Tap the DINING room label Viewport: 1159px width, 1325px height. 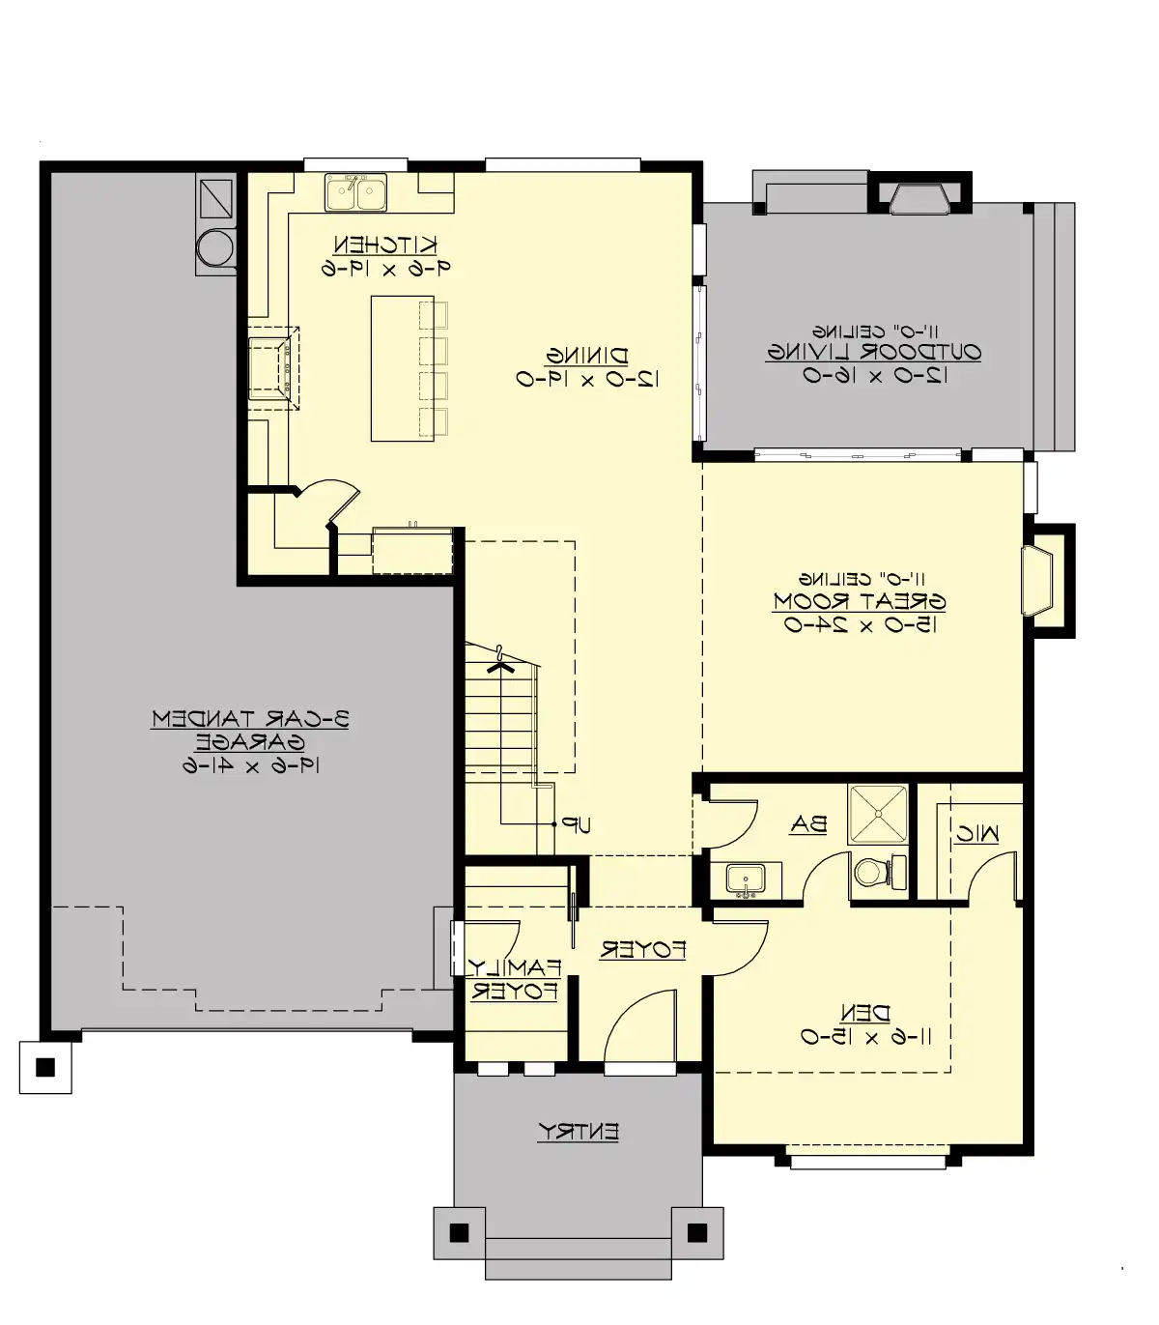587,356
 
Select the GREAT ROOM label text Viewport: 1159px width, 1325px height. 859,601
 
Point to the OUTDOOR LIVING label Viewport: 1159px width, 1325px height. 874,352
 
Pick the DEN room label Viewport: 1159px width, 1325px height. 865,1013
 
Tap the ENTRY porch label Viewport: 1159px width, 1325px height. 579,1131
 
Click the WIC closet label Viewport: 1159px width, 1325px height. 976,834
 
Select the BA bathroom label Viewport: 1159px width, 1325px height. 808,824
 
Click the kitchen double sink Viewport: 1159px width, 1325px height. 355,192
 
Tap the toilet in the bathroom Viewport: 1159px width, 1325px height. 874,873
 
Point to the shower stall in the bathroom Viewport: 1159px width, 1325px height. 878,816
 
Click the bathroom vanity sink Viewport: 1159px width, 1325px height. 745,879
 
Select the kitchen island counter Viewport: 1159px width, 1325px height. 402,368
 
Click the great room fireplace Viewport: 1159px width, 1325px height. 1037,580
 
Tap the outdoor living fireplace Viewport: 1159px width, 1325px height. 919,198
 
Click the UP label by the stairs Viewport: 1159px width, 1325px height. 578,825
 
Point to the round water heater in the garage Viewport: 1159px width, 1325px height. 215,247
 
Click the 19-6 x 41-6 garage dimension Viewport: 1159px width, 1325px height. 250,765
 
